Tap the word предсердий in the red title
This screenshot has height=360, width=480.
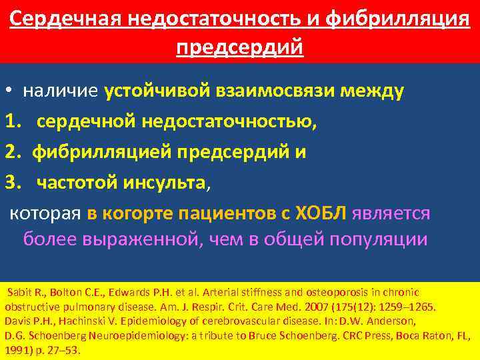coord(240,47)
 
